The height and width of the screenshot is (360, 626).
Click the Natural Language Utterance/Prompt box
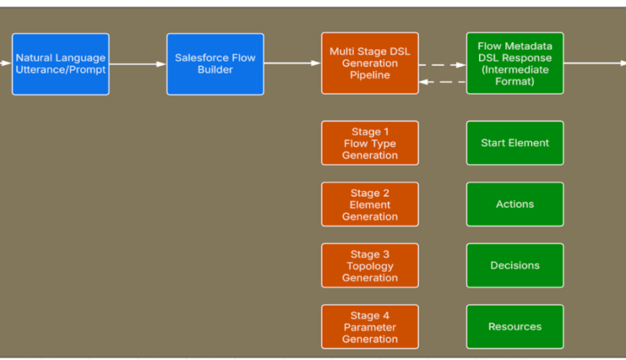tap(60, 64)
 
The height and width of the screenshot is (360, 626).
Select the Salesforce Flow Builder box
tap(215, 64)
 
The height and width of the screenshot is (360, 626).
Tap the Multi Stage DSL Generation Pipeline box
tap(370, 63)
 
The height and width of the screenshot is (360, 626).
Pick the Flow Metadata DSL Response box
tap(515, 63)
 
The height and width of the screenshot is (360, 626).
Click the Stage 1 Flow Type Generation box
tap(370, 143)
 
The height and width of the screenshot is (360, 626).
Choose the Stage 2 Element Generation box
tap(370, 205)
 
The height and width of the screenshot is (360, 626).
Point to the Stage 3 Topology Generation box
tap(370, 266)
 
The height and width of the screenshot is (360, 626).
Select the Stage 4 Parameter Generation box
tap(370, 327)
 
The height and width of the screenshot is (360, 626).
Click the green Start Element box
tap(515, 143)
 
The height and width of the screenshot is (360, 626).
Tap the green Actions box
tap(515, 204)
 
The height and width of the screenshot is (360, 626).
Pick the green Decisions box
tap(515, 265)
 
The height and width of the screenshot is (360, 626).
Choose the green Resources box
tap(515, 326)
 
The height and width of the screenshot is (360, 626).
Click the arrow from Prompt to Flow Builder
tap(138, 64)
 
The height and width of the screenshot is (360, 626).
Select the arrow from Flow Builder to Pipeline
tap(293, 63)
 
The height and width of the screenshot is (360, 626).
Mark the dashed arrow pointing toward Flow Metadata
tap(442, 65)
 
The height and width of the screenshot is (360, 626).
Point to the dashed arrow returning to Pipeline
tap(442, 82)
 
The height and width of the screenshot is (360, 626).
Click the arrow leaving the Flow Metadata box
tap(594, 63)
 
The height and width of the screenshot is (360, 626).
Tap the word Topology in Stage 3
tap(370, 266)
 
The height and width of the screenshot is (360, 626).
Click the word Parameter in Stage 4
tap(370, 327)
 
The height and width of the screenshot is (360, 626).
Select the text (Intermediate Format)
tap(515, 75)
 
